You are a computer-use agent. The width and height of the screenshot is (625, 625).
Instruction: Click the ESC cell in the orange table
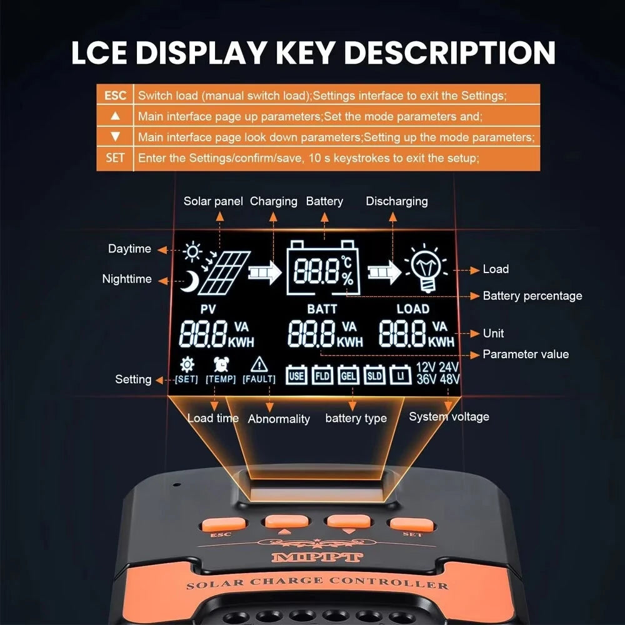click(115, 95)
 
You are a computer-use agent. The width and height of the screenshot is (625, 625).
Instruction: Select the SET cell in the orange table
click(115, 158)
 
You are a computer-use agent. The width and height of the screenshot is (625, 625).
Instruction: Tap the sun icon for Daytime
click(192, 251)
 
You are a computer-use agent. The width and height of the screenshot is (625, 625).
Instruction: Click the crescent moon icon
click(190, 281)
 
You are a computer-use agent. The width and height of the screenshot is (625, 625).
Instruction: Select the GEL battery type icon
click(348, 375)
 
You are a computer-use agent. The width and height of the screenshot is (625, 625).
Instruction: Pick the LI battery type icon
click(401, 375)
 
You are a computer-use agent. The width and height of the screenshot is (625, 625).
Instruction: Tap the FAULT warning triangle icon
click(259, 364)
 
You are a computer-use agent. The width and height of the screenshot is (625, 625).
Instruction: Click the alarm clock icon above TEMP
click(221, 364)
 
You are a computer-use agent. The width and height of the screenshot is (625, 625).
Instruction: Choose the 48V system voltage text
click(449, 379)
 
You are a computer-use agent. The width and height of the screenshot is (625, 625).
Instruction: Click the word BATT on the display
click(322, 309)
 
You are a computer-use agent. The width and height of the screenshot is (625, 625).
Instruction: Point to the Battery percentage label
click(532, 296)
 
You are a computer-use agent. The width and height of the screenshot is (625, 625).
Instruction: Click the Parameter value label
click(526, 354)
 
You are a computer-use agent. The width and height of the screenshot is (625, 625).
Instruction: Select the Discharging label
click(397, 201)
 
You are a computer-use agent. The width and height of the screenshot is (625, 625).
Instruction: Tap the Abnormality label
click(279, 419)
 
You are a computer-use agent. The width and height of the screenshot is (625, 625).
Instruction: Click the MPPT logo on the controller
click(317, 556)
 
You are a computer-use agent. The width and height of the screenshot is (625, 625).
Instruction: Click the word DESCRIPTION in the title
click(449, 52)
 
